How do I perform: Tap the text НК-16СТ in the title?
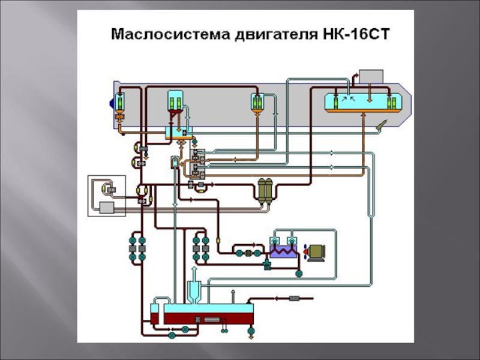pyautogui.click(x=356, y=34)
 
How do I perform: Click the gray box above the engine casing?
pyautogui.click(x=371, y=76)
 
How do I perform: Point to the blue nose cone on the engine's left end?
pyautogui.click(x=112, y=103)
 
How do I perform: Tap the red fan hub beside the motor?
pyautogui.click(x=305, y=251)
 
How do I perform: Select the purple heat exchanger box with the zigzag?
pyautogui.click(x=283, y=251)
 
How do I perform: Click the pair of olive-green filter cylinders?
pyautogui.click(x=265, y=191)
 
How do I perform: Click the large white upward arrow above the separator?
pyautogui.click(x=194, y=273)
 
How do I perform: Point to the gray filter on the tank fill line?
pyautogui.click(x=294, y=298)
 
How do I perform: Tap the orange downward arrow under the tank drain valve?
pyautogui.click(x=251, y=337)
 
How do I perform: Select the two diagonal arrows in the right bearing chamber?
pyautogui.click(x=349, y=98)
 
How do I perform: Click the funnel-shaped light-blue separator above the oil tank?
pyautogui.click(x=194, y=291)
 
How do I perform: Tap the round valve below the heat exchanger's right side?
pyautogui.click(x=299, y=274)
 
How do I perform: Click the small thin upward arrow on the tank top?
pyautogui.click(x=233, y=296)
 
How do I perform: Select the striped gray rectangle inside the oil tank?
pyautogui.click(x=212, y=320)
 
